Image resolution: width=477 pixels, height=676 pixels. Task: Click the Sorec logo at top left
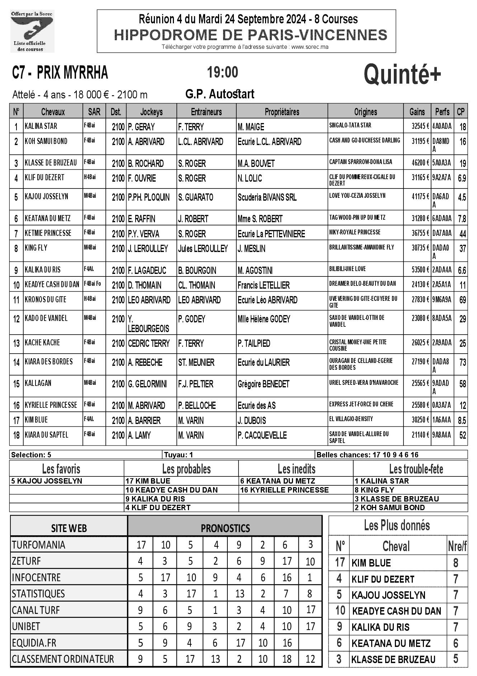click(x=32, y=31)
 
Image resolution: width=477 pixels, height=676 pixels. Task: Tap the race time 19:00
click(x=222, y=72)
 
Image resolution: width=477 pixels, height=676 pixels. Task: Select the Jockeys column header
click(x=151, y=112)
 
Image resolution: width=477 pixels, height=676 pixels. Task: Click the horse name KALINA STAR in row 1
click(x=41, y=126)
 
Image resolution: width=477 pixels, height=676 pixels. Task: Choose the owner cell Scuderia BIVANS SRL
click(x=267, y=197)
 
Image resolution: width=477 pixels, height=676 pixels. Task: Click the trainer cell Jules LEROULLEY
click(x=203, y=249)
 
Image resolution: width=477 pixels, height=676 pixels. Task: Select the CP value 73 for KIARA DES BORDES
click(x=463, y=363)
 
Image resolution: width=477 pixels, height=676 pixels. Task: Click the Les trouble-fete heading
click(x=416, y=469)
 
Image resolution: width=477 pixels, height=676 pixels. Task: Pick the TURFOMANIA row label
click(x=39, y=545)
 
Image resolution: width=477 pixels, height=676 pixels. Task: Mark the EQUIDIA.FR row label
click(x=34, y=643)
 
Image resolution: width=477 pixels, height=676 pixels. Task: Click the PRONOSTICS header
click(x=225, y=528)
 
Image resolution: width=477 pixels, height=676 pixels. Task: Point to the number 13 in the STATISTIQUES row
click(x=240, y=594)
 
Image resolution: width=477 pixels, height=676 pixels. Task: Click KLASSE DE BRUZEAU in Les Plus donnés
click(x=393, y=659)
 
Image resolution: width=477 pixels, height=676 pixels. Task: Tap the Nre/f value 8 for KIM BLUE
click(x=455, y=563)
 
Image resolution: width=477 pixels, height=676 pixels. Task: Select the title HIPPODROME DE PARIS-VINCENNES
click(x=251, y=35)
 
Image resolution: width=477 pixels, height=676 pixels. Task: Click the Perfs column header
click(x=442, y=112)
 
